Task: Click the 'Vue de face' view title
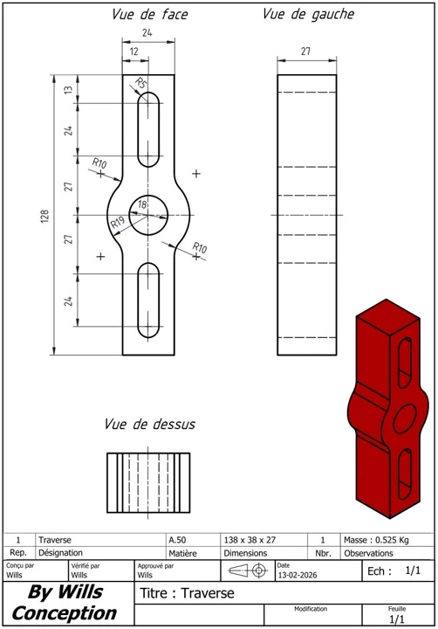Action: [x=149, y=15]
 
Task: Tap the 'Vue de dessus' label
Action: [x=149, y=425]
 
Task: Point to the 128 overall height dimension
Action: [x=44, y=215]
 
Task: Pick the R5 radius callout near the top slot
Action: [x=140, y=83]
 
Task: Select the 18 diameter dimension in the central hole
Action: [x=143, y=204]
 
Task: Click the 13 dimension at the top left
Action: [x=68, y=89]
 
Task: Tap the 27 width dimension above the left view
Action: [x=306, y=52]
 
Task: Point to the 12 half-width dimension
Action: [x=134, y=52]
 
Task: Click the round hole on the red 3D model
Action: [x=406, y=418]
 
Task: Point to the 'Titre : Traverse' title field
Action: [x=187, y=593]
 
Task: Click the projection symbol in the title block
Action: [x=248, y=570]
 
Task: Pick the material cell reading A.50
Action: [x=179, y=540]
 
